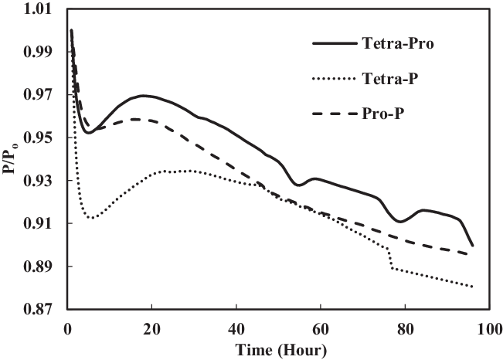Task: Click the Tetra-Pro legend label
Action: click(396, 43)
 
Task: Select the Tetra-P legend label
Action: click(390, 78)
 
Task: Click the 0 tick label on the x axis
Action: click(67, 328)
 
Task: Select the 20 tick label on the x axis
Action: click(151, 328)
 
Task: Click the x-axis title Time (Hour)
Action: click(277, 349)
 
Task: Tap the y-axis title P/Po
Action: click(11, 158)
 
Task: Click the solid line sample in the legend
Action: click(332, 44)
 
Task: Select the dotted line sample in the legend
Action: click(332, 79)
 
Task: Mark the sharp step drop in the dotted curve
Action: click(390, 259)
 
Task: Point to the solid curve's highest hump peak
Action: click(144, 96)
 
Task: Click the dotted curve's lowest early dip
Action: click(91, 218)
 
